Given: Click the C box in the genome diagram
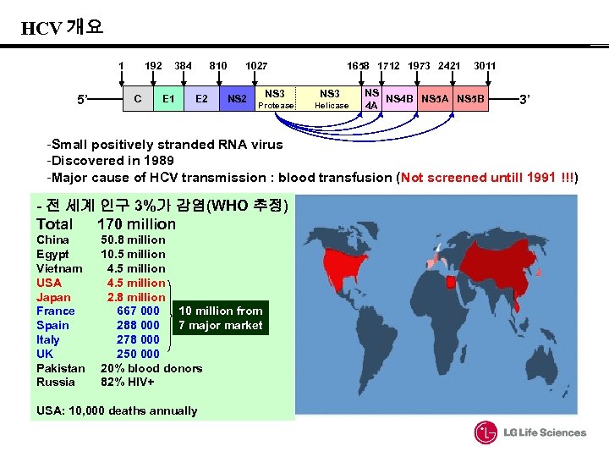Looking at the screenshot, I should click(x=137, y=99).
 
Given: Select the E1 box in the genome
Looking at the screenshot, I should click(x=169, y=99).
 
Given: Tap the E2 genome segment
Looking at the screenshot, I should click(x=202, y=99).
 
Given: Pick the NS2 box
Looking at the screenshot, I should click(x=238, y=99).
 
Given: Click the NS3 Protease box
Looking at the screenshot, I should click(x=275, y=99).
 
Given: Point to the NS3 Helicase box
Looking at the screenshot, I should click(x=331, y=99).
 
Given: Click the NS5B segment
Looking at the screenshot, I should click(x=470, y=99).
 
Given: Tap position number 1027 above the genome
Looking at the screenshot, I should click(x=256, y=66).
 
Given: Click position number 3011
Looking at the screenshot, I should click(x=485, y=66).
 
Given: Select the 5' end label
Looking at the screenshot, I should click(x=83, y=100).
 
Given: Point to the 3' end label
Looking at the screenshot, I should click(x=524, y=100).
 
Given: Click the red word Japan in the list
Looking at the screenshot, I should click(x=53, y=297).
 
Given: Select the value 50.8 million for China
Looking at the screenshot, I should click(x=133, y=240).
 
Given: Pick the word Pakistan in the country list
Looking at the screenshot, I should click(x=60, y=368).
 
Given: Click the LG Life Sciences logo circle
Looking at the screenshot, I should click(x=486, y=432).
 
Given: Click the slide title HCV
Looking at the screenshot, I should click(x=41, y=28).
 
